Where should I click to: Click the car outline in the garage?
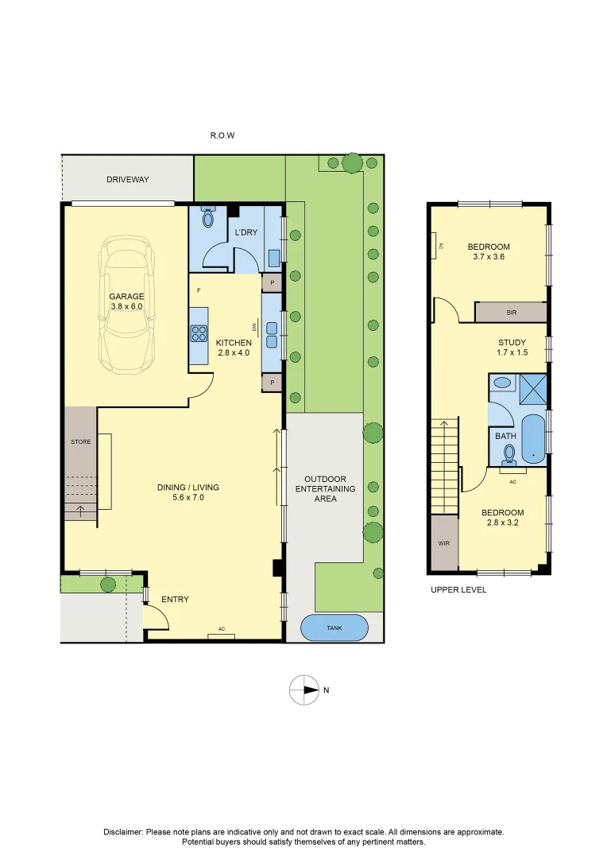tap(127, 306)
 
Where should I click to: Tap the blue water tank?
tap(334, 628)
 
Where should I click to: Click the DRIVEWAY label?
tap(128, 180)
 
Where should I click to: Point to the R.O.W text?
tap(222, 136)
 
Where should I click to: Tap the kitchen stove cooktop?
tap(198, 333)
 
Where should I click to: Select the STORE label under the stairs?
tap(80, 441)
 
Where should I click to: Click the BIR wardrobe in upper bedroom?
tap(511, 313)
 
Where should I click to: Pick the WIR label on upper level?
tap(443, 544)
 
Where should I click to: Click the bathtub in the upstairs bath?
tap(532, 438)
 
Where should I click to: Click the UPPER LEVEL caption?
tap(458, 590)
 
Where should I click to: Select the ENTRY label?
tap(175, 599)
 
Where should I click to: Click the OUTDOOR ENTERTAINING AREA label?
tap(326, 489)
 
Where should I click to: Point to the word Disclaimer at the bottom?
tap(123, 832)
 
